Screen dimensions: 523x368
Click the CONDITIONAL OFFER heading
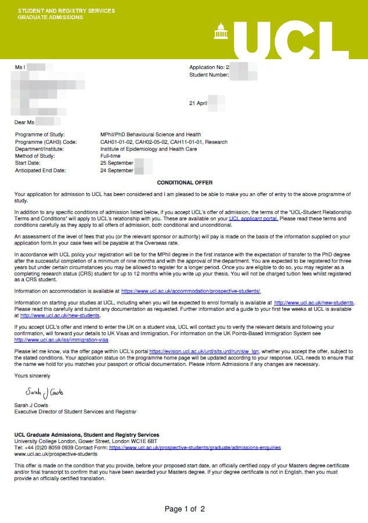point(185,183)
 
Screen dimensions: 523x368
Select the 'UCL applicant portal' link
point(254,219)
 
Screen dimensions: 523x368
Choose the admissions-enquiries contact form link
point(195,448)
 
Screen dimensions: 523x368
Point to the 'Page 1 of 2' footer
point(185,509)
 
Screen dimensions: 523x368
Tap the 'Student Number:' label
point(209,74)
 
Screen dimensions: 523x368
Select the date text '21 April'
point(198,103)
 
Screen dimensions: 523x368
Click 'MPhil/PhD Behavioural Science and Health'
point(150,135)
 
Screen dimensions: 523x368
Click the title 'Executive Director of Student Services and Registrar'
point(75,412)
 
